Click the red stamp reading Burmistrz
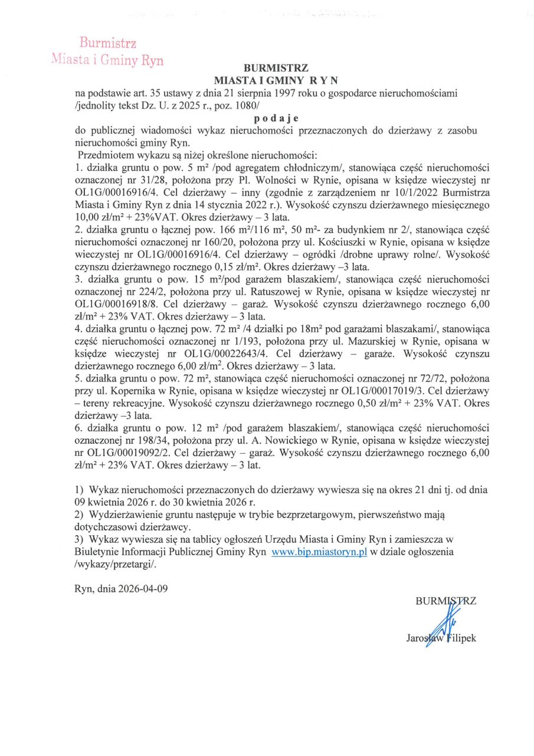108,43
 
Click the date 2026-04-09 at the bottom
142,588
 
